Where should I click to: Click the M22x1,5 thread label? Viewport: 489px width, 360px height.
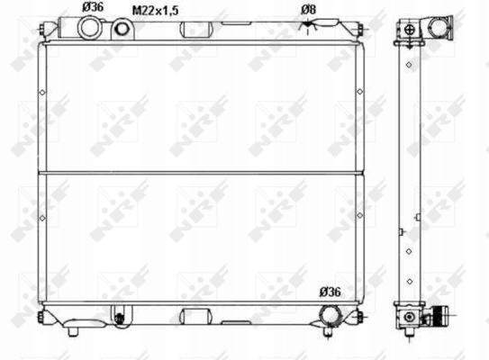[155, 11]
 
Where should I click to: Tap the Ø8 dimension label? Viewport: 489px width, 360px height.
[308, 10]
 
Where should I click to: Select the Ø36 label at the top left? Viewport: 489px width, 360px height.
[93, 7]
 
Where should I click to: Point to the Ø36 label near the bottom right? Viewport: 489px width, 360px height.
[331, 292]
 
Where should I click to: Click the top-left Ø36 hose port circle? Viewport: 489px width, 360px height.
[90, 28]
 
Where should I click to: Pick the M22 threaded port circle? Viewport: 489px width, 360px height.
[122, 29]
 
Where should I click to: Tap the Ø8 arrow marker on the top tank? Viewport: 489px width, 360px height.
[308, 24]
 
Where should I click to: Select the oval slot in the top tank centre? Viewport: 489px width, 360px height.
[196, 30]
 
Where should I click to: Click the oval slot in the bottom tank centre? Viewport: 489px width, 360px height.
[196, 316]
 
